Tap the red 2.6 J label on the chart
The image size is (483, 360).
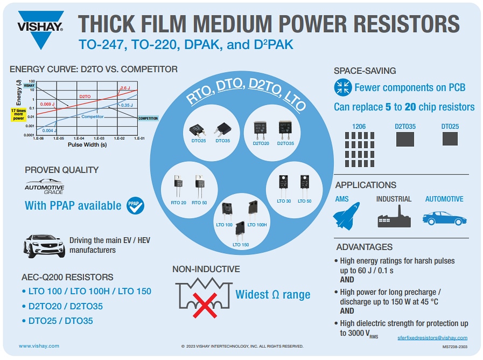click(x=125, y=88)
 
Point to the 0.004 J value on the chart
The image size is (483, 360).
click(x=48, y=130)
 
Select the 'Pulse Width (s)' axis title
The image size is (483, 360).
click(x=87, y=145)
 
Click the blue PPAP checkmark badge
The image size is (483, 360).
click(x=135, y=205)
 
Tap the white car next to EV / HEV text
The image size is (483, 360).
click(x=44, y=246)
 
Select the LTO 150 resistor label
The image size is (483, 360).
click(x=241, y=245)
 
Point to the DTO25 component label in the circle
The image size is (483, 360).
click(x=199, y=141)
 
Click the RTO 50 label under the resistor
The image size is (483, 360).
click(x=199, y=202)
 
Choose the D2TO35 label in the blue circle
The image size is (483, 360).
click(x=285, y=143)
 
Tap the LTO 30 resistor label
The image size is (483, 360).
click(x=284, y=201)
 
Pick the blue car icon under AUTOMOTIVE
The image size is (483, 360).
click(x=444, y=218)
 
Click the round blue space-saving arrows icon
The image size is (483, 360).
click(x=342, y=87)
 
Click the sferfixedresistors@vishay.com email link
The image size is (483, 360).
click(x=437, y=337)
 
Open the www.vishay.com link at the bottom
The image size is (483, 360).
click(x=39, y=346)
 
